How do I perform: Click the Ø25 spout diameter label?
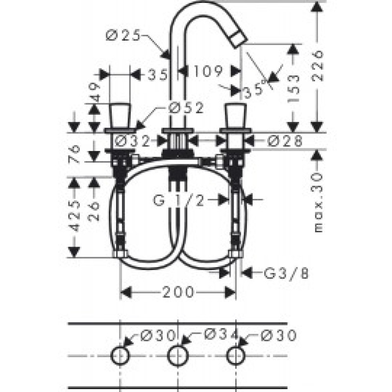[123, 35]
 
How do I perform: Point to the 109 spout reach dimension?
[209, 72]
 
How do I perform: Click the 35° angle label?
[257, 89]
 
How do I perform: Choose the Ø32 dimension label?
[132, 141]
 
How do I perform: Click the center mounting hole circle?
[177, 355]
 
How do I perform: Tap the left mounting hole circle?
[120, 355]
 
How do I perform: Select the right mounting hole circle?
[236, 355]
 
